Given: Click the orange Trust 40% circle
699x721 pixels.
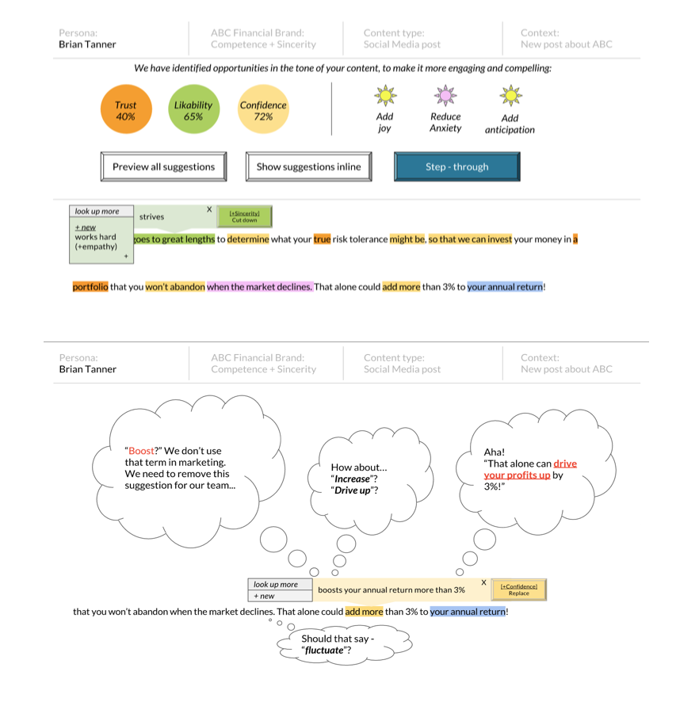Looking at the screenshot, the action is coord(126,109).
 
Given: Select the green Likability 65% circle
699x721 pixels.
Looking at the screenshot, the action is coord(193,109).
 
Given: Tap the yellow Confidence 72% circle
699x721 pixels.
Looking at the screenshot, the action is coord(263,109).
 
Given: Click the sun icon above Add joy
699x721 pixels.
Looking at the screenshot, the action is coord(385,96).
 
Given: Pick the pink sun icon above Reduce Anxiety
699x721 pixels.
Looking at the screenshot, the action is coord(445,96).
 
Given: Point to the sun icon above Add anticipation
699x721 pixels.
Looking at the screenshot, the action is coord(510,96).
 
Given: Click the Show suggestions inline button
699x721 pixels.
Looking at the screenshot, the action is coord(308,166).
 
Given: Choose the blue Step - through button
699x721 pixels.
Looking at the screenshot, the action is coord(457,166).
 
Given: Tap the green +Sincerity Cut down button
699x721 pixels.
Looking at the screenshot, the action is coord(245,216).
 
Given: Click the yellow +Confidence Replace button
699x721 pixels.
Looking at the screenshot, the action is coord(519,589).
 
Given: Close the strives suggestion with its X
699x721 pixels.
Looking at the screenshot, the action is coord(209,209).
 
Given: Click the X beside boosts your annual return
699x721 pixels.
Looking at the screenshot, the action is coord(483,582).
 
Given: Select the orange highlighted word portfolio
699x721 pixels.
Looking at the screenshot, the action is coord(90,287).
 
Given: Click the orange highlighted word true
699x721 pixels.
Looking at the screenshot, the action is coord(322,239).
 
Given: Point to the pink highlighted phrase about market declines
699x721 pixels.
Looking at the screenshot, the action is coord(260,287).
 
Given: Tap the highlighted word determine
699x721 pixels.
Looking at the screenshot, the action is coord(248,239).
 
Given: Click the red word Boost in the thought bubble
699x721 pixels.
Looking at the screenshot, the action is coord(141,451).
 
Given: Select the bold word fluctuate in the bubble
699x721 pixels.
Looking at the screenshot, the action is coord(324,650).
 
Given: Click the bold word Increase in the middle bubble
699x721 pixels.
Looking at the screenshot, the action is coord(352,479).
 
